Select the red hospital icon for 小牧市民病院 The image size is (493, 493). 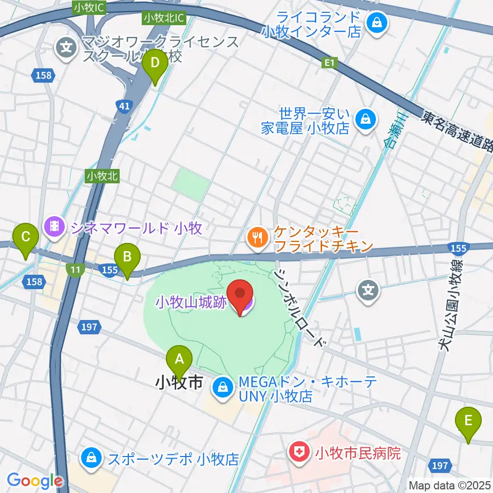click(x=297, y=452)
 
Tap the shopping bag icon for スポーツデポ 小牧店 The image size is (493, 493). click(x=91, y=457)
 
